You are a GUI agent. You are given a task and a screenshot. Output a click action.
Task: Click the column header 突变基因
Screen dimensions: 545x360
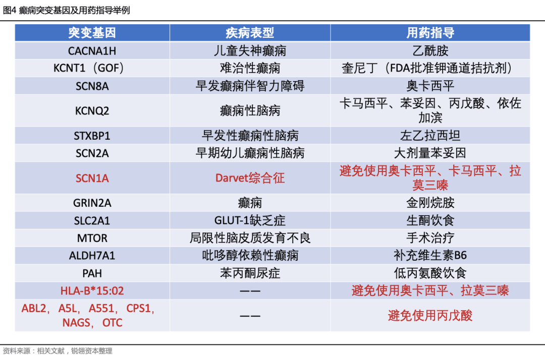pyautogui.click(x=92, y=33)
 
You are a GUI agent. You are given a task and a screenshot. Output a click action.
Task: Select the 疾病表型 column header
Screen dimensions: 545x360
pyautogui.click(x=250, y=33)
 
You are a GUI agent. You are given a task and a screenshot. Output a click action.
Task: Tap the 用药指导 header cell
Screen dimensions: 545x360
pyautogui.click(x=430, y=33)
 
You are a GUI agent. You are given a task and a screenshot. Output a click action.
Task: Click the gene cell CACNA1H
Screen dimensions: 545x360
pyautogui.click(x=92, y=51)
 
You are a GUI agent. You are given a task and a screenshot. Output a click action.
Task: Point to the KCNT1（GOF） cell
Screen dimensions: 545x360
pyautogui.click(x=89, y=68)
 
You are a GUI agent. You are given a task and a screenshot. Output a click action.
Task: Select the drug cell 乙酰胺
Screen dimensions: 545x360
pyautogui.click(x=430, y=51)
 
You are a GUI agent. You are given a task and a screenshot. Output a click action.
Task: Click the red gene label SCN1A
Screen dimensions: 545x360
pyautogui.click(x=92, y=178)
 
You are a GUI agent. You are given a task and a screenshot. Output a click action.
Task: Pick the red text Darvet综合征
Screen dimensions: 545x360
pyautogui.click(x=250, y=178)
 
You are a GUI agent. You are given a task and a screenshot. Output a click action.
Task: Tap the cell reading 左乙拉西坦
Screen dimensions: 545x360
pyautogui.click(x=430, y=136)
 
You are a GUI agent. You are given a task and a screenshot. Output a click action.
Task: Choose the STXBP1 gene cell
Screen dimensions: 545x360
pyautogui.click(x=92, y=136)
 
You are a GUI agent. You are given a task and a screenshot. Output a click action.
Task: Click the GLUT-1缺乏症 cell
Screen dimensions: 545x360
pyautogui.click(x=250, y=220)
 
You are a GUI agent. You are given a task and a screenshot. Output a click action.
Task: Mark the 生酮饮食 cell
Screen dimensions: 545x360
pyautogui.click(x=430, y=220)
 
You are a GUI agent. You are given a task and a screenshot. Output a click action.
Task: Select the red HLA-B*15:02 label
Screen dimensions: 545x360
pyautogui.click(x=92, y=291)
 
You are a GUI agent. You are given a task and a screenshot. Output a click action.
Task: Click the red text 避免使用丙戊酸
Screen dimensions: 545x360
pyautogui.click(x=430, y=316)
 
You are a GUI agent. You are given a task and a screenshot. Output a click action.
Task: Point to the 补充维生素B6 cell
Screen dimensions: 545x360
pyautogui.click(x=430, y=256)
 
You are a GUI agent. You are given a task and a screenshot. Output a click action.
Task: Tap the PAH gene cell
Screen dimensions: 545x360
pyautogui.click(x=92, y=274)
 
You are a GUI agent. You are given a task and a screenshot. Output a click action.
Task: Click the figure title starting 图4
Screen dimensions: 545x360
pyautogui.click(x=67, y=10)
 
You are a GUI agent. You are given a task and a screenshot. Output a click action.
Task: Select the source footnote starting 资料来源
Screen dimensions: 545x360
pyautogui.click(x=58, y=351)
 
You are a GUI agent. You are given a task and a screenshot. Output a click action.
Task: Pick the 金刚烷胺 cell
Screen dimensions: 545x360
pyautogui.click(x=430, y=203)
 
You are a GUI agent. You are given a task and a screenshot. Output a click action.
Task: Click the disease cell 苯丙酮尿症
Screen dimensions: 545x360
pyautogui.click(x=250, y=273)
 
